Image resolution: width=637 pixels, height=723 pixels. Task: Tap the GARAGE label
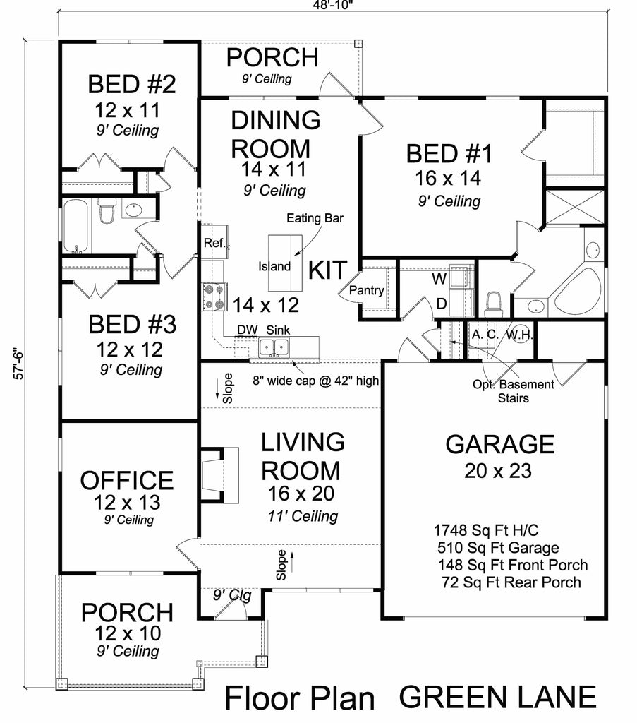pos(500,444)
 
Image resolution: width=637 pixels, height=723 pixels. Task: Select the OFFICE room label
pos(126,480)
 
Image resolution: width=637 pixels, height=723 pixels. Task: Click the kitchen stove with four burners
pos(214,296)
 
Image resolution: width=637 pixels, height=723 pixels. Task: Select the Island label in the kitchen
pos(274,266)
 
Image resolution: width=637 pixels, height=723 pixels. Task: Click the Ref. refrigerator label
pos(214,244)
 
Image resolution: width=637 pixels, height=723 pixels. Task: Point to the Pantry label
pos(367,290)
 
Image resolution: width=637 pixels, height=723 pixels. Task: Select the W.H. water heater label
pos(518,333)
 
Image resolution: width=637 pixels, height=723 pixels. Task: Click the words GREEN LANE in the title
pos(497,697)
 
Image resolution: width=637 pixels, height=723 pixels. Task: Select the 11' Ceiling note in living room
pos(303,516)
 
